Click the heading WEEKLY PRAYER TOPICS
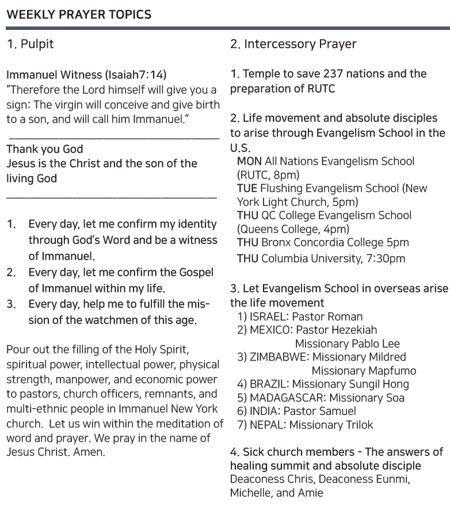click(79, 15)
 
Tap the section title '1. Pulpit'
click(30, 44)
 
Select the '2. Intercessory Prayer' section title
click(293, 44)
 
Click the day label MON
click(249, 161)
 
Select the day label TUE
click(247, 188)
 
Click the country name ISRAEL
click(268, 317)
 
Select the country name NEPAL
click(266, 425)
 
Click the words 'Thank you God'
click(44, 150)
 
